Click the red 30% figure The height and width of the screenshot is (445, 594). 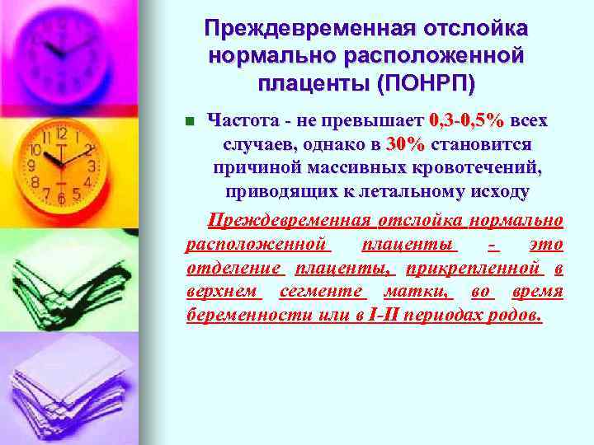(404, 144)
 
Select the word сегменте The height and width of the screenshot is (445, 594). (323, 292)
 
